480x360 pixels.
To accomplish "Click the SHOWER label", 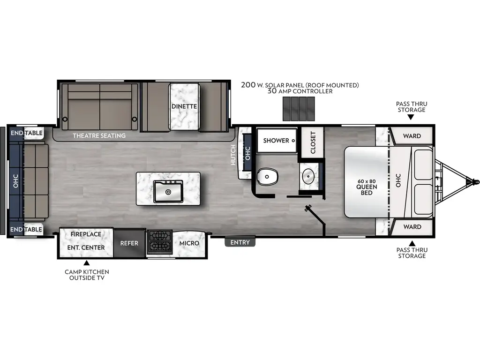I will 276,141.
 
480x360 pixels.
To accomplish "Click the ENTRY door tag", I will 240,242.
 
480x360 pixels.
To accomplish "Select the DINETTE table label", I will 184,106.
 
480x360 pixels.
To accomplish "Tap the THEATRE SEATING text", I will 99,136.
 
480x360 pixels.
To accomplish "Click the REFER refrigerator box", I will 129,243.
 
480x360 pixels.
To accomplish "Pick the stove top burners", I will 159,241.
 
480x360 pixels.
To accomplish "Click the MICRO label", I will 189,243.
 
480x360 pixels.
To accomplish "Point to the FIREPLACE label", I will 86,234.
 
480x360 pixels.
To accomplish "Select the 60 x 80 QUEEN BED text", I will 367,187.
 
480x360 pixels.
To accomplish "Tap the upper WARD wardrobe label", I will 412,136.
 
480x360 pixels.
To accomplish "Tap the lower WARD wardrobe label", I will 412,227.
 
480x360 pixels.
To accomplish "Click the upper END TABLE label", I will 27,133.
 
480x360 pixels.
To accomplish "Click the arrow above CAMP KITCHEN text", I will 86,262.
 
